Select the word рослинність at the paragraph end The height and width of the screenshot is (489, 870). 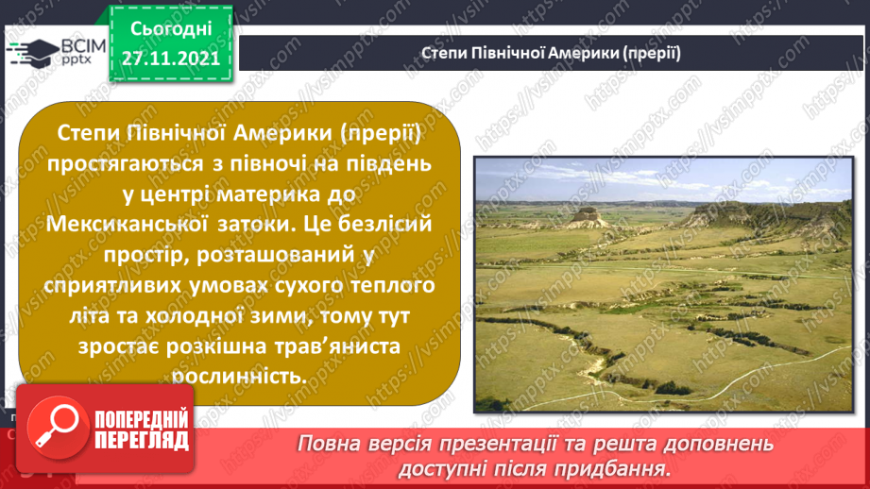pos(240,375)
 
